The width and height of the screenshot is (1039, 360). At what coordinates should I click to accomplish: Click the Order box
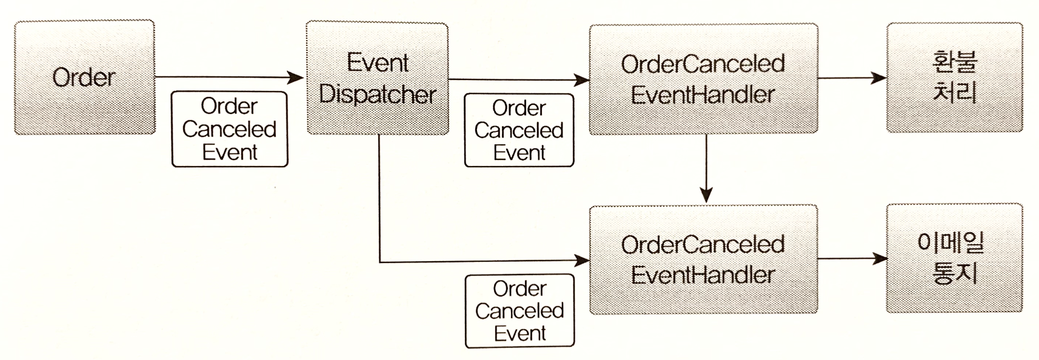coord(84,77)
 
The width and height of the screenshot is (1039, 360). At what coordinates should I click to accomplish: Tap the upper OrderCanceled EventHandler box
coord(703,79)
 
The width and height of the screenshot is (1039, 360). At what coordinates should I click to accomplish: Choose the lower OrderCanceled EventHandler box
coord(703,259)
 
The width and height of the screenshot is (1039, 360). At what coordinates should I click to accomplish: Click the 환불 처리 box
coord(954,78)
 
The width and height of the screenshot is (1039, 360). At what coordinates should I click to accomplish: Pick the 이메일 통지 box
coord(954,258)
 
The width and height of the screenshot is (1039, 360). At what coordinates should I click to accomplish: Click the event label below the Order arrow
coord(230,129)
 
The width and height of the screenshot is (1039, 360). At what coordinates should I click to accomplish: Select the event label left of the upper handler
coord(519,130)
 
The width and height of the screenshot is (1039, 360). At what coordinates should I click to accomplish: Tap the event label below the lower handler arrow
coord(519,311)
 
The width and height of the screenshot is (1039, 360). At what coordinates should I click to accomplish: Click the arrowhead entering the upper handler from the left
coord(583,79)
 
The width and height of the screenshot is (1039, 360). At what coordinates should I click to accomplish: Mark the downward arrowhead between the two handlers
coord(706,195)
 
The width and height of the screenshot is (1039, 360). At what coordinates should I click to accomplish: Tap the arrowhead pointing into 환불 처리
coord(879,78)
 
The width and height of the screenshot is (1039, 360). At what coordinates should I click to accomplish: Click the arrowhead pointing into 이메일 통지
coord(879,259)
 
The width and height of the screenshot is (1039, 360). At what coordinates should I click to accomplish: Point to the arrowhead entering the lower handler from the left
coord(583,261)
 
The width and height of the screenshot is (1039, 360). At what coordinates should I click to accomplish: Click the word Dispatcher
coord(377,95)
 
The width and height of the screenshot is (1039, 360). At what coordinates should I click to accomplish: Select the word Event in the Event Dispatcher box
coord(378,63)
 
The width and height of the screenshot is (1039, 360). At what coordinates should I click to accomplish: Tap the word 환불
coord(955,62)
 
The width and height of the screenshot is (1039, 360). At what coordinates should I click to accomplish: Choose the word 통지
coord(955,274)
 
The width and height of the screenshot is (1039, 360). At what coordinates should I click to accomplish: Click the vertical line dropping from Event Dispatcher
coord(379,200)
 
